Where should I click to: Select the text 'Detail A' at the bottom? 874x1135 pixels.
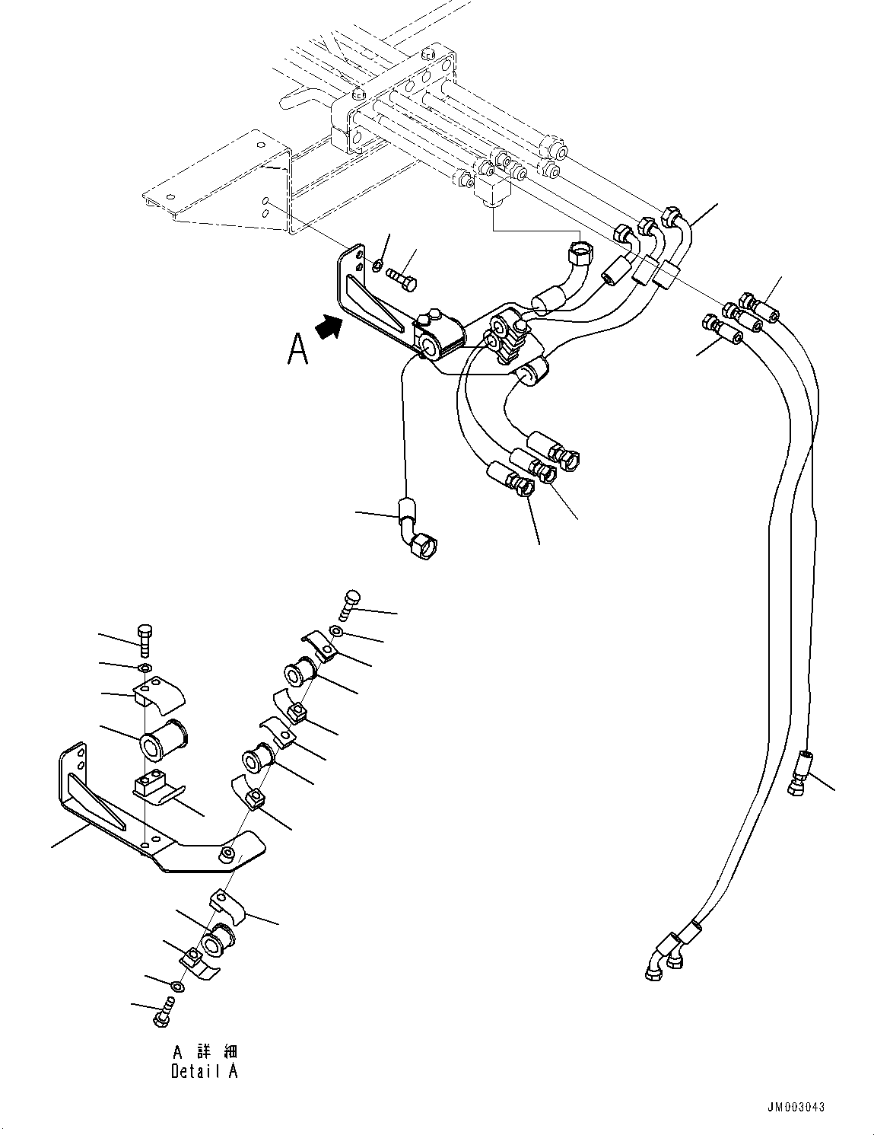(204, 1071)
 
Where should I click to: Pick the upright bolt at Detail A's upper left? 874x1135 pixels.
(145, 639)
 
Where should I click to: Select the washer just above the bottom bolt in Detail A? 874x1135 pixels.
(176, 987)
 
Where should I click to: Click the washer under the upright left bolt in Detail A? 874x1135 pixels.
(144, 668)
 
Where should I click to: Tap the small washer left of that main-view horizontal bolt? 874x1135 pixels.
(378, 265)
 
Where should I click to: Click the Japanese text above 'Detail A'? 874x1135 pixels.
(205, 1052)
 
